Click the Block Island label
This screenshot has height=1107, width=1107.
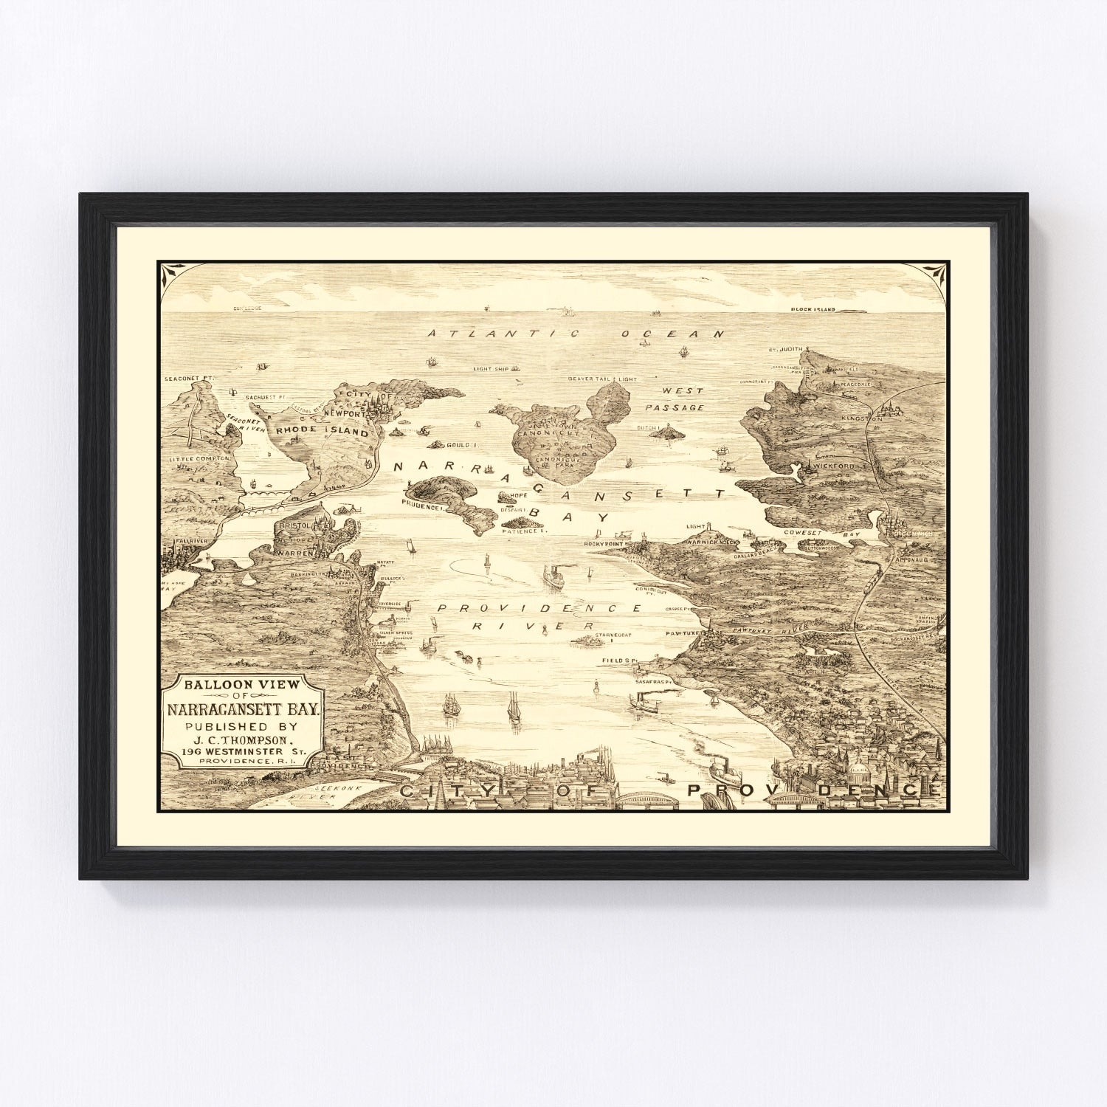[813, 309]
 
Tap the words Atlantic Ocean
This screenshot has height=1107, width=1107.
[576, 334]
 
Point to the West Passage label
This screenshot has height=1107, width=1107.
[675, 399]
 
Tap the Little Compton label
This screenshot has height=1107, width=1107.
[200, 458]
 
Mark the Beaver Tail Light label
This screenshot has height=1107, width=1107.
[601, 379]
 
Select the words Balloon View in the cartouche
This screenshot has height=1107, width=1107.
[232, 684]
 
